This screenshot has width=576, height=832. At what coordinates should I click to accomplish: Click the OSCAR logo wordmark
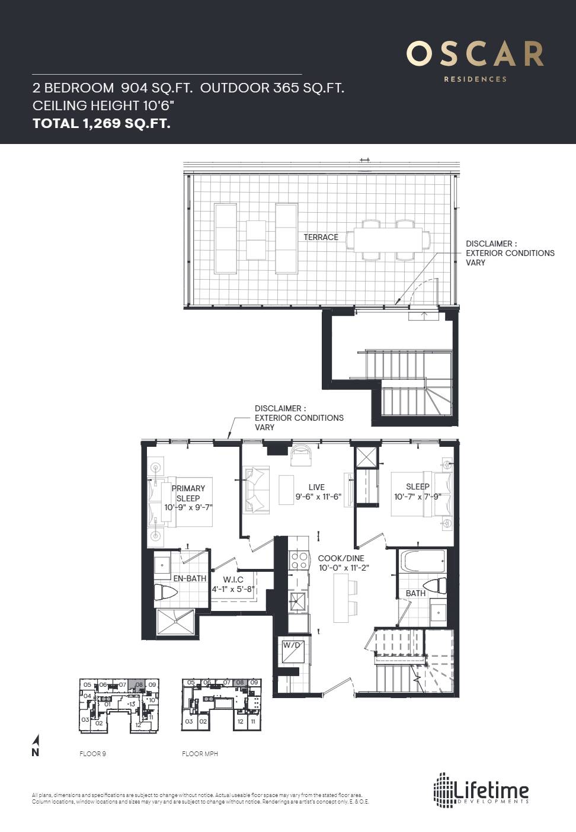pyautogui.click(x=475, y=55)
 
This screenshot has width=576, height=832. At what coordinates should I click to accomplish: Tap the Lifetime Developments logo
pyautogui.click(x=481, y=791)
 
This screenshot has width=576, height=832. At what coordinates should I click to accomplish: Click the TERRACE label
pyautogui.click(x=321, y=237)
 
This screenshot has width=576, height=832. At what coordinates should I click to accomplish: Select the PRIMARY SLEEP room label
pyautogui.click(x=188, y=493)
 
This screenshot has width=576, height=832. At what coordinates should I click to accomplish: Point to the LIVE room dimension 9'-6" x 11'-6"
pyautogui.click(x=318, y=497)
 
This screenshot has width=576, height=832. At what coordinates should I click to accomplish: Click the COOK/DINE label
pyautogui.click(x=341, y=558)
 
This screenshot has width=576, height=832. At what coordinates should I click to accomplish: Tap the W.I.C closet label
pyautogui.click(x=233, y=580)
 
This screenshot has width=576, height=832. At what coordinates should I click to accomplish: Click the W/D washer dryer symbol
pyautogui.click(x=293, y=651)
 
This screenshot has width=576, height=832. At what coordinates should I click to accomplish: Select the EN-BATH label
pyautogui.click(x=190, y=578)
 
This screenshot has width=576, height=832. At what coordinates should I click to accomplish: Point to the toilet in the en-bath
pyautogui.click(x=166, y=592)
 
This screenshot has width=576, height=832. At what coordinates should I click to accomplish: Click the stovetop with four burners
pyautogui.click(x=299, y=561)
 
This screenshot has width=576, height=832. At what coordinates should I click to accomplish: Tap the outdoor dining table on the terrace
pyautogui.click(x=388, y=240)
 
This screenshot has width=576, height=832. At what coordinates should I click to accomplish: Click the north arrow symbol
pyautogui.click(x=36, y=745)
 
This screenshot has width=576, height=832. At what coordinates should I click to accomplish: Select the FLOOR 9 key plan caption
pyautogui.click(x=92, y=754)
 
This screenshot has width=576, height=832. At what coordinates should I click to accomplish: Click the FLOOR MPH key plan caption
pyautogui.click(x=200, y=754)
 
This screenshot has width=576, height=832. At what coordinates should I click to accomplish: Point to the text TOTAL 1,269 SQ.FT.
pyautogui.click(x=101, y=123)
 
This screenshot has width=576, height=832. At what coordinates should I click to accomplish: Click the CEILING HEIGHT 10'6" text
pyautogui.click(x=103, y=105)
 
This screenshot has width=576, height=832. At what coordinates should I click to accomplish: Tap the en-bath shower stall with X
pyautogui.click(x=175, y=622)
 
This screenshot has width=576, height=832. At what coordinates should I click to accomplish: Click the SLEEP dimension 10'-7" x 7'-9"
pyautogui.click(x=418, y=497)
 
